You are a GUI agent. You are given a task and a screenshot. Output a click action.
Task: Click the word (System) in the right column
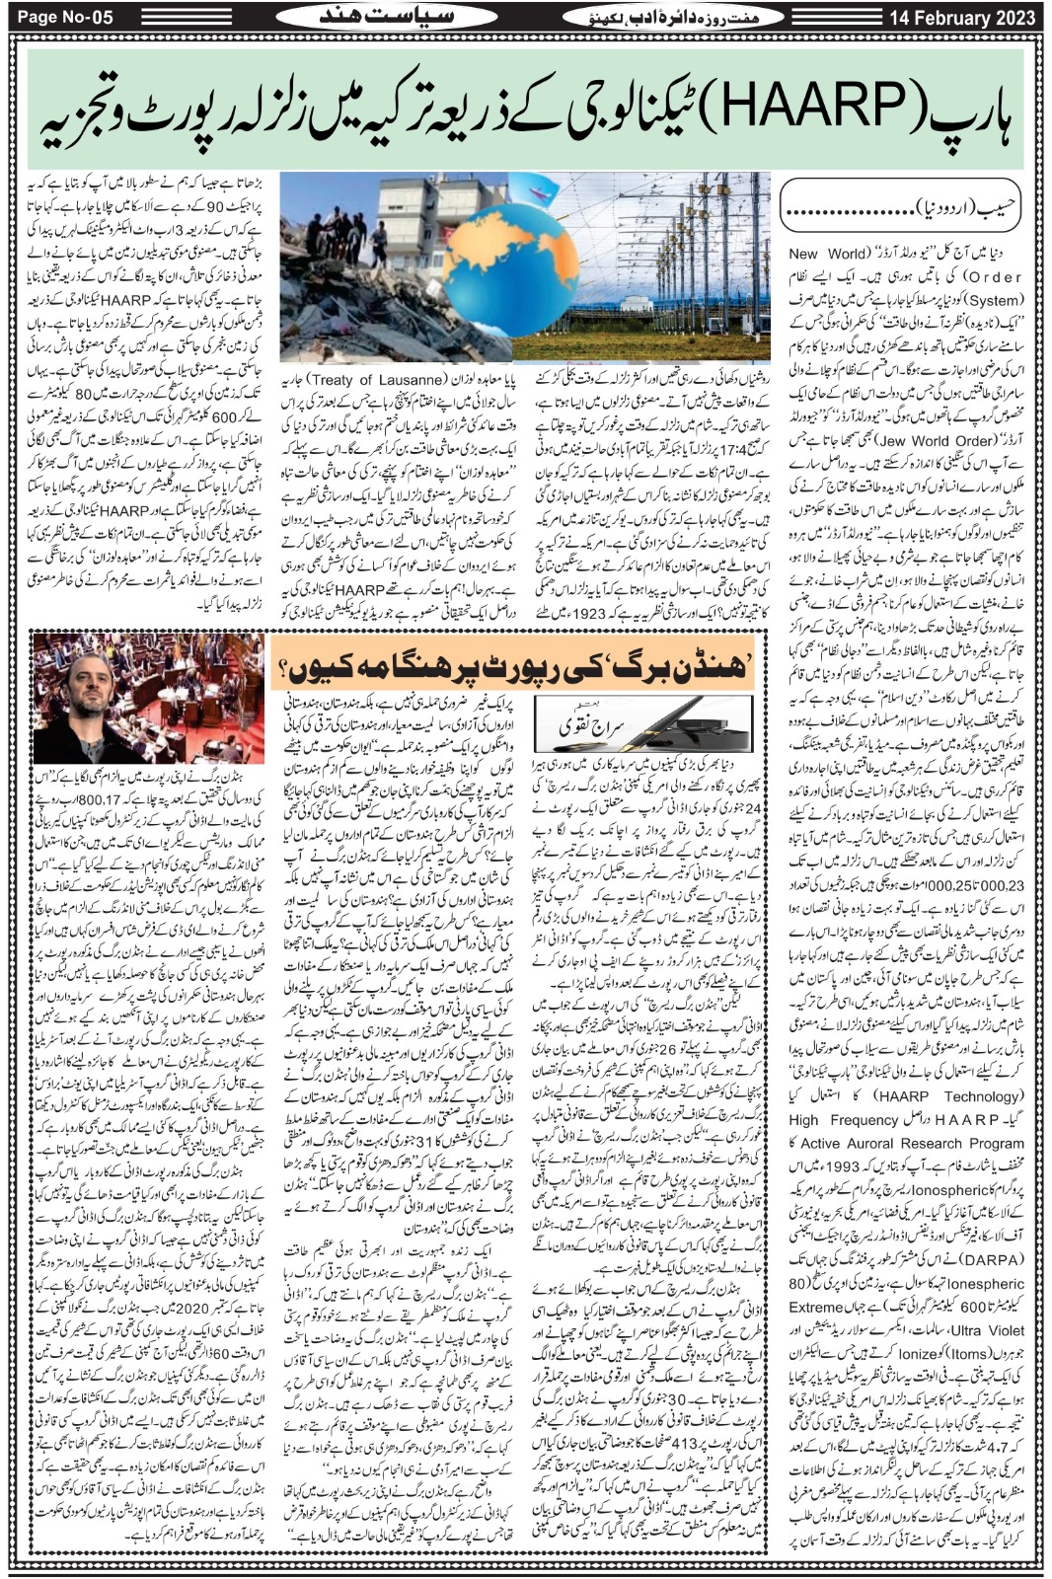tap(994, 301)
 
